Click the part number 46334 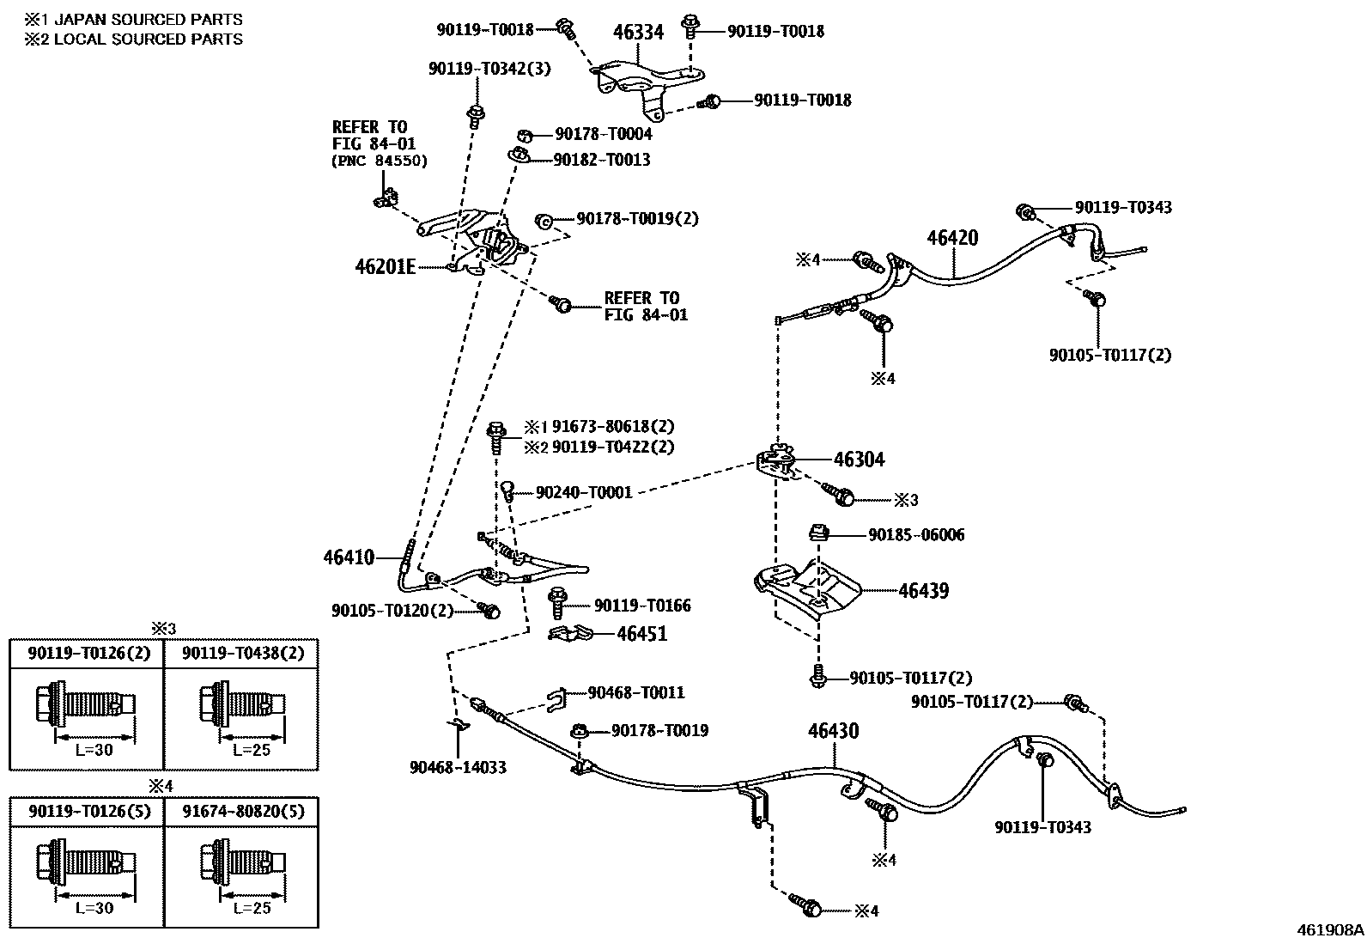(638, 31)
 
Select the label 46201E (385, 267)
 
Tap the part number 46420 (952, 238)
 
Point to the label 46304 (859, 460)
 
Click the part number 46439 (923, 590)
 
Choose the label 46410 (349, 557)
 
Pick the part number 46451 (642, 633)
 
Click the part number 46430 (833, 730)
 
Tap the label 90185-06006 (916, 535)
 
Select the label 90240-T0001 (584, 492)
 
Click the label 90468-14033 (458, 768)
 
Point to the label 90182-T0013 (602, 160)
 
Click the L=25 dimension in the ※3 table (252, 749)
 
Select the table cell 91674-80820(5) (243, 812)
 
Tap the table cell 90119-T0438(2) (243, 654)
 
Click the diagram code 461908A (1330, 930)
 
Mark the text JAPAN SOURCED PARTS (149, 20)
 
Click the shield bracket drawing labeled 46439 (807, 588)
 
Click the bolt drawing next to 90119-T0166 (557, 603)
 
